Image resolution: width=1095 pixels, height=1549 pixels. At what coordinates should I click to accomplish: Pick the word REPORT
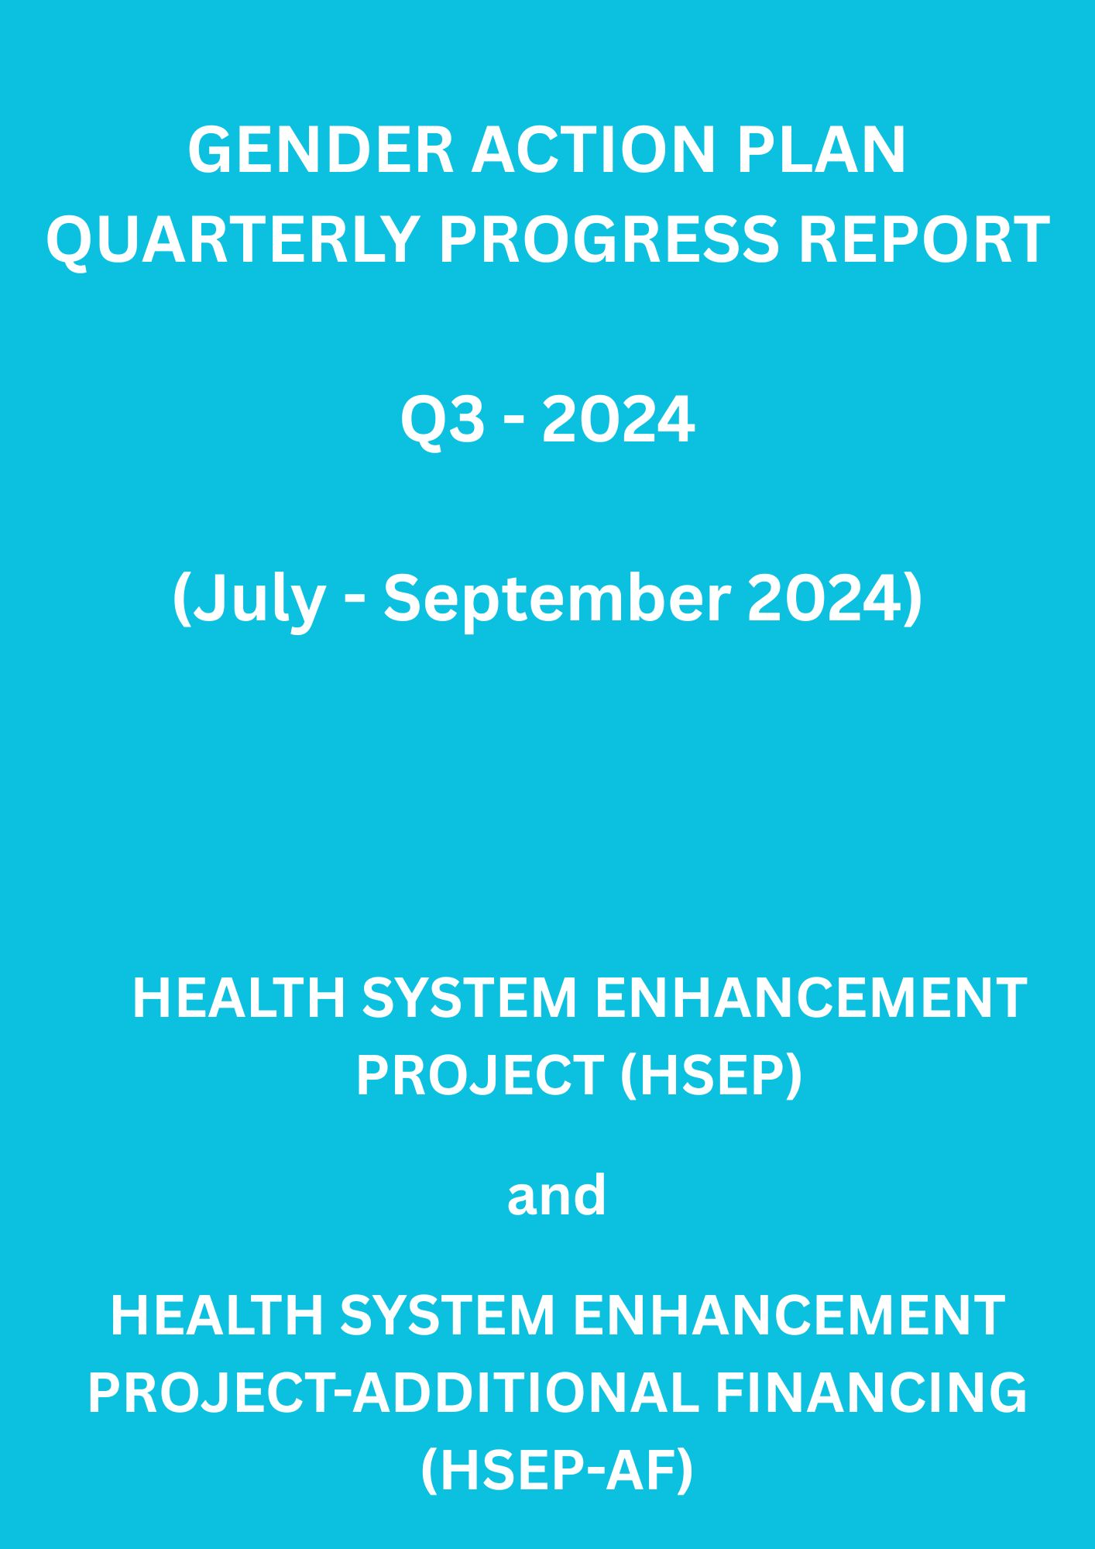pyautogui.click(x=923, y=239)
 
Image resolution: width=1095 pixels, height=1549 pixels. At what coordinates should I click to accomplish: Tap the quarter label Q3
pyautogui.click(x=438, y=421)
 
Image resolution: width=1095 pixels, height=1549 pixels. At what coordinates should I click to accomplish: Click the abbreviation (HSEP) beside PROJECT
pyautogui.click(x=711, y=1076)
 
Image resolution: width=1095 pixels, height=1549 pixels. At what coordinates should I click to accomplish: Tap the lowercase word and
pyautogui.click(x=556, y=1195)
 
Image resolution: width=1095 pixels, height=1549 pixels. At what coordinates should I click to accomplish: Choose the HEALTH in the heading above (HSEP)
pyautogui.click(x=239, y=998)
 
